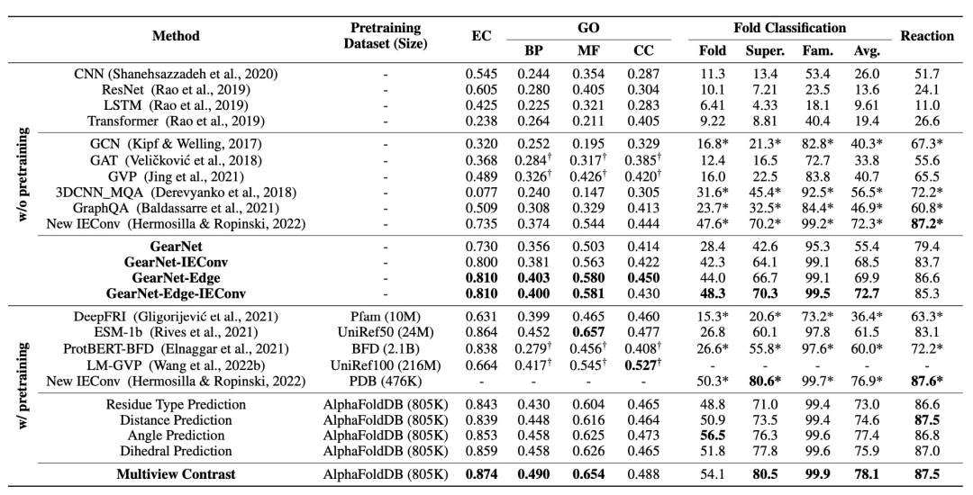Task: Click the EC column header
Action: coord(481,36)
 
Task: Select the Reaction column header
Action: coord(926,36)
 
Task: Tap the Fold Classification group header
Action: coord(789,28)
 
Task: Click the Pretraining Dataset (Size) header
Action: coord(386,36)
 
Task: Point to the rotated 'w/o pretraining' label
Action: coord(23,175)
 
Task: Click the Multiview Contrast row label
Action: coord(176,474)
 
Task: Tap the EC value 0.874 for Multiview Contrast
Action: coord(481,474)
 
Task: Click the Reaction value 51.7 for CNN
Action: coord(926,75)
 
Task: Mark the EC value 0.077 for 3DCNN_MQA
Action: coord(481,192)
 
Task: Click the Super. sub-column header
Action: coord(763,50)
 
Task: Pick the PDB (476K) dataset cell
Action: coord(386,381)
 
